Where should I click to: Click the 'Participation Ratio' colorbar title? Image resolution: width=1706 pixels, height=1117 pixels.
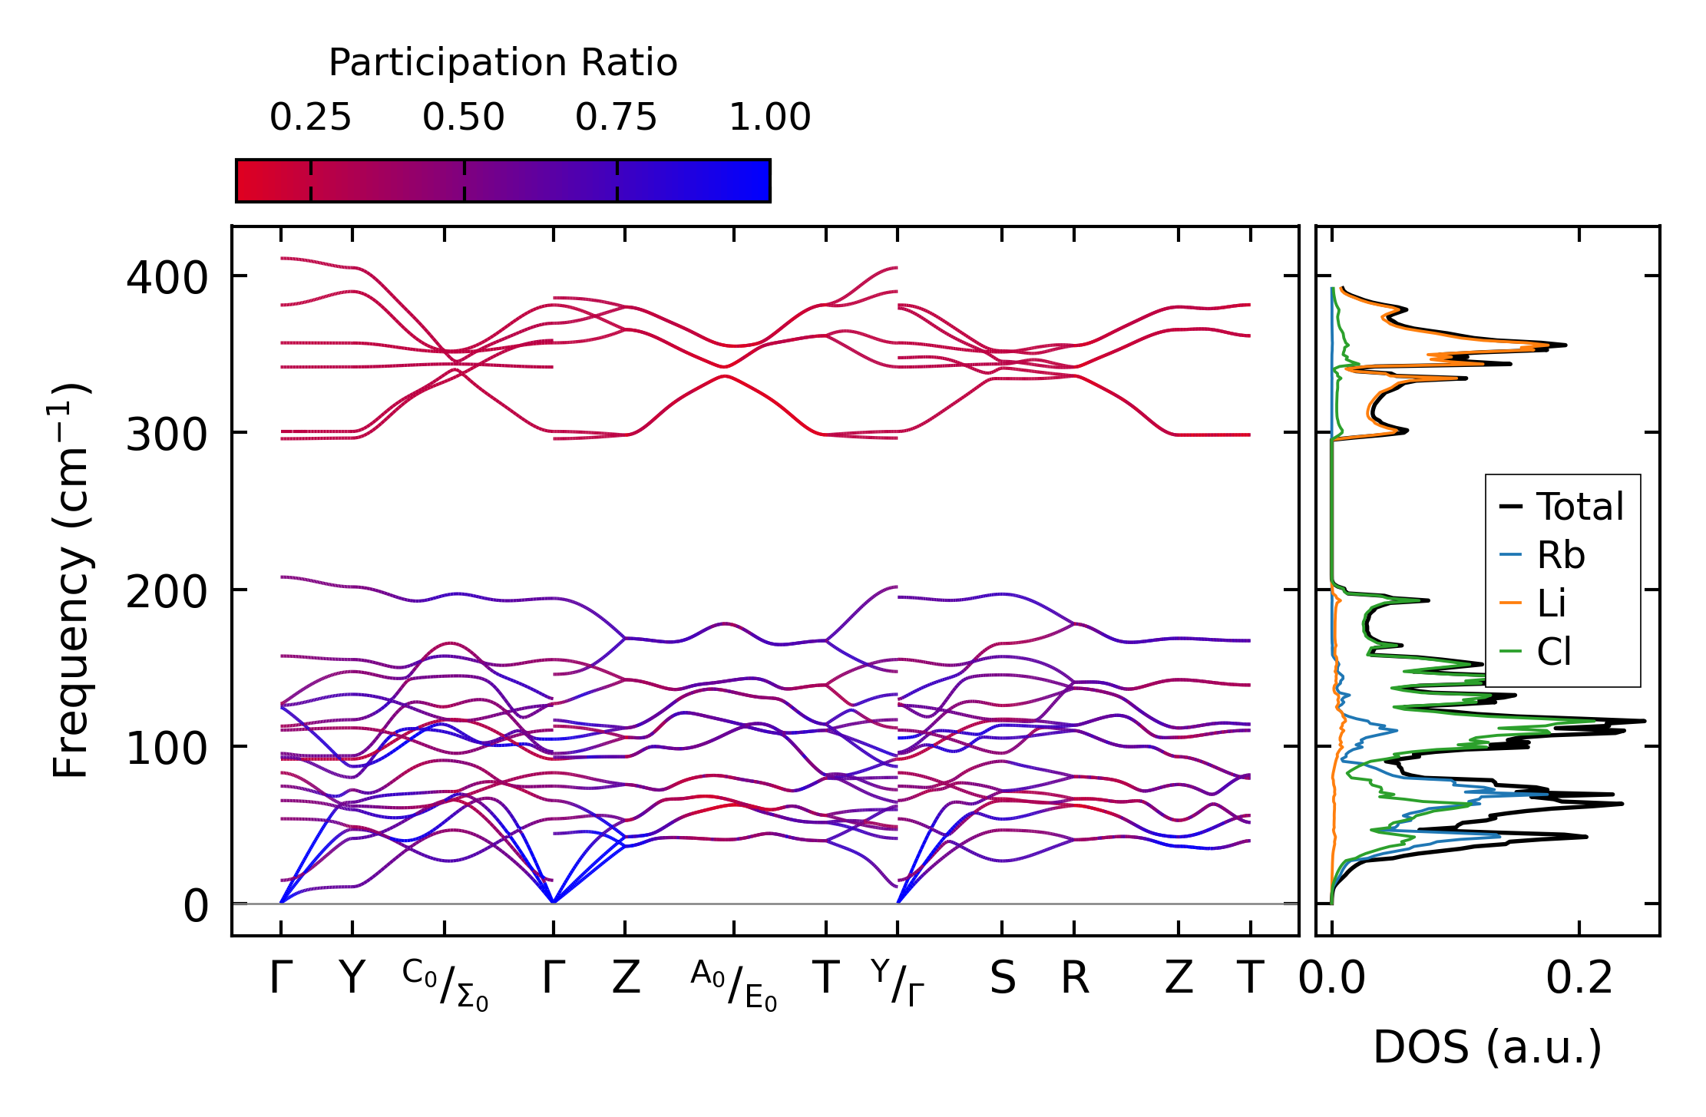pyautogui.click(x=503, y=63)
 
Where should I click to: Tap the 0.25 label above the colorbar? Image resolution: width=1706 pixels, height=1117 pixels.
pyautogui.click(x=310, y=117)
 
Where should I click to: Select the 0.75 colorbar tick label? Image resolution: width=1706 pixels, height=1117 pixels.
pyautogui.click(x=617, y=117)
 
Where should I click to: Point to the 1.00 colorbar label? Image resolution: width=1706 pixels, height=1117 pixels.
pyautogui.click(x=769, y=117)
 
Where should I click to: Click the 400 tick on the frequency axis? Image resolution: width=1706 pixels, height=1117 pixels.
pyautogui.click(x=167, y=278)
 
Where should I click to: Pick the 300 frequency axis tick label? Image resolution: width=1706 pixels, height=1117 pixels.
pyautogui.click(x=167, y=435)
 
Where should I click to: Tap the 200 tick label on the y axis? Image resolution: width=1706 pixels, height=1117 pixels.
pyautogui.click(x=167, y=593)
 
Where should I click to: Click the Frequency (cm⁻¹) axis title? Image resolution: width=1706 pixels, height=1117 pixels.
pyautogui.click(x=71, y=580)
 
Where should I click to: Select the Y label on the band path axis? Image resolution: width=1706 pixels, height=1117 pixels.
pyautogui.click(x=352, y=979)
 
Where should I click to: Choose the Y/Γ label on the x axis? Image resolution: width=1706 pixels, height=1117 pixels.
pyautogui.click(x=898, y=983)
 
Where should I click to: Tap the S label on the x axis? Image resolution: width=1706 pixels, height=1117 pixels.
pyautogui.click(x=1002, y=979)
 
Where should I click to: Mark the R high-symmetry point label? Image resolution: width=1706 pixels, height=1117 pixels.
pyautogui.click(x=1074, y=979)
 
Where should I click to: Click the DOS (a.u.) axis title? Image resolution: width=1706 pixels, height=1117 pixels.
pyautogui.click(x=1487, y=1047)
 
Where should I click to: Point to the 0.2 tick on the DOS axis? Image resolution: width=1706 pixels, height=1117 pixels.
pyautogui.click(x=1579, y=979)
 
